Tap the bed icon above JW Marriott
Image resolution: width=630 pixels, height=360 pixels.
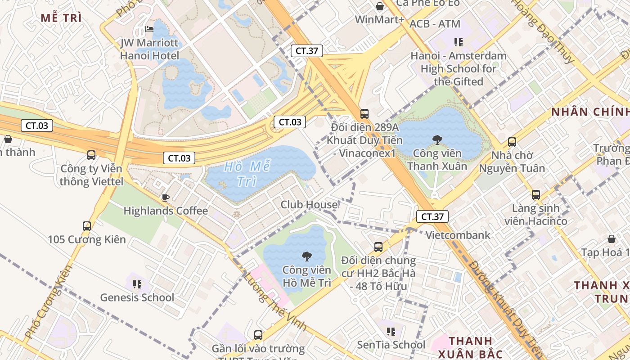[149, 30]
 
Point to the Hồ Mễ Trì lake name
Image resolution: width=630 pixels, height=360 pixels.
[247, 174]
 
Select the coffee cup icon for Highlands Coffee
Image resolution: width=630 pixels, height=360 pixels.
[166, 198]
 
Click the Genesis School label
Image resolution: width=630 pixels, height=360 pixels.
[137, 297]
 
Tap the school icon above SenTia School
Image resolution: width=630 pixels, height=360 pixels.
[391, 332]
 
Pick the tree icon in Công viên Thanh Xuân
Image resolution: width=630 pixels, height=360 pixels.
[436, 140]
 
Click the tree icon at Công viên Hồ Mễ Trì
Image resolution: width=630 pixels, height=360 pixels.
[306, 257]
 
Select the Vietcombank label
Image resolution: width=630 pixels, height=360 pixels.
[458, 235]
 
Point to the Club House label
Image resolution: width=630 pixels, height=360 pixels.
[309, 205]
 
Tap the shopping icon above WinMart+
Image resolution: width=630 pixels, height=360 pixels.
[380, 6]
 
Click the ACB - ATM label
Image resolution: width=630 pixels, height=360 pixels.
[435, 24]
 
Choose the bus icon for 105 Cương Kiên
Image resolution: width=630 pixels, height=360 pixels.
[87, 226]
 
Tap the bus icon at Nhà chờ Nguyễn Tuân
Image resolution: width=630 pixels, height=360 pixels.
[512, 142]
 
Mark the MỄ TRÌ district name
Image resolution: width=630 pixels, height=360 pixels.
[61, 18]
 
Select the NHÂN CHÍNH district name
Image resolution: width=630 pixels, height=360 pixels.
[590, 112]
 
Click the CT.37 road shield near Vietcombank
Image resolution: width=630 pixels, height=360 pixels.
[432, 216]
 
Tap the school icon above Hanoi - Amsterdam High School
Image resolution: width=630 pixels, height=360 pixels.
[458, 43]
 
